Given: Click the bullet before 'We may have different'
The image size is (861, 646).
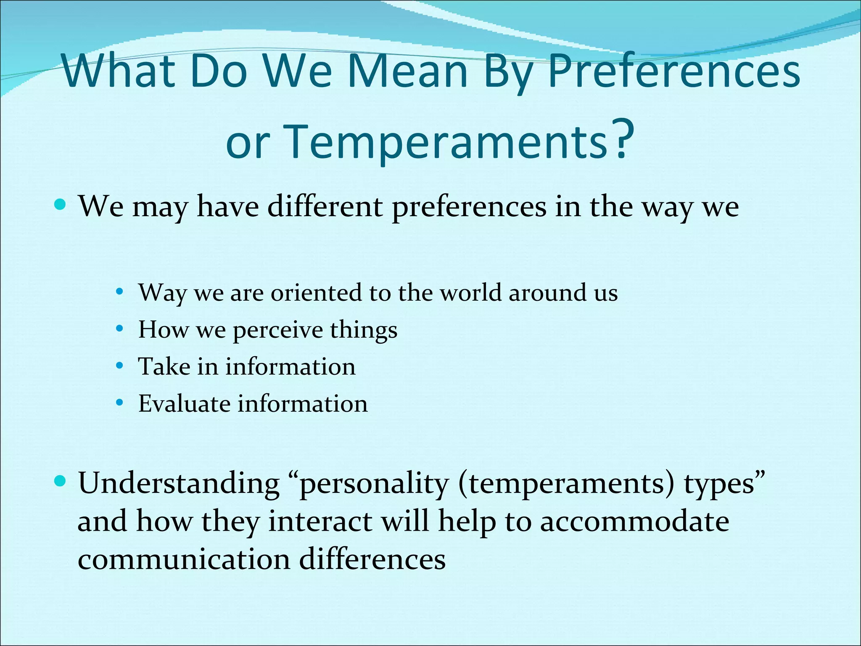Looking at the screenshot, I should point(61,205).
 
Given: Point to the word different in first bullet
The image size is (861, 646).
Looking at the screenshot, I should point(325,207).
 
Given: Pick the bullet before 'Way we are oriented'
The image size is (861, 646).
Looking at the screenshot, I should point(120,291).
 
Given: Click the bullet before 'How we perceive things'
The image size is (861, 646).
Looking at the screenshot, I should point(120,328).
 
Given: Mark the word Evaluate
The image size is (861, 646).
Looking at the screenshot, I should point(184,404).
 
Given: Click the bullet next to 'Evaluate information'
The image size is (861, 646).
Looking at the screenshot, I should point(120,403).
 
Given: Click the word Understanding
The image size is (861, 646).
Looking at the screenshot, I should point(179,484).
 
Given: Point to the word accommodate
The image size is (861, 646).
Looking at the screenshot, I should point(634,522).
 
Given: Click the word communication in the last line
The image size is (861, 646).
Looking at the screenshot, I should point(184,559).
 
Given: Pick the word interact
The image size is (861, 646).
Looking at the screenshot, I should point(320,522).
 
